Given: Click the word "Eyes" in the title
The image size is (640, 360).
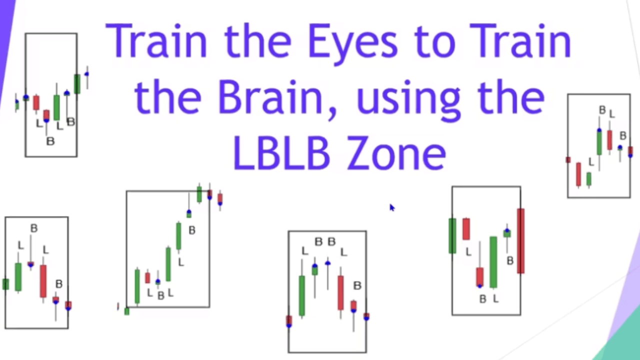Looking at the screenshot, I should [352, 41].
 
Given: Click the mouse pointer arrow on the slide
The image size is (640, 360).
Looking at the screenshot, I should [391, 207].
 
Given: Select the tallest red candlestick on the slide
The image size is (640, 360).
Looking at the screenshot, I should [520, 241].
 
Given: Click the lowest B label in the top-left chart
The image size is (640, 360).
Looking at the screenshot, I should [50, 141].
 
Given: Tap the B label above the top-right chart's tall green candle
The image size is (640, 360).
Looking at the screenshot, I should [602, 110].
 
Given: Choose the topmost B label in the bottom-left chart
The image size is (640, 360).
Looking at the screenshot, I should [33, 228].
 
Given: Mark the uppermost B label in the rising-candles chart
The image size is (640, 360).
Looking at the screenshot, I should [191, 230].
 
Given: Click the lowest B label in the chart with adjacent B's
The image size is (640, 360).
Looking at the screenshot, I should [357, 285].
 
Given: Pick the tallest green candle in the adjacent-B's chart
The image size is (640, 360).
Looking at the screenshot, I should [302, 295].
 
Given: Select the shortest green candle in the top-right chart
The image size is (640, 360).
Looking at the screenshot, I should [589, 179].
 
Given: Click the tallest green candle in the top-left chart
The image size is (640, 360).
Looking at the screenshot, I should [56, 107].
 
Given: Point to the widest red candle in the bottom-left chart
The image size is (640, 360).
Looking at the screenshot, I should [43, 281].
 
